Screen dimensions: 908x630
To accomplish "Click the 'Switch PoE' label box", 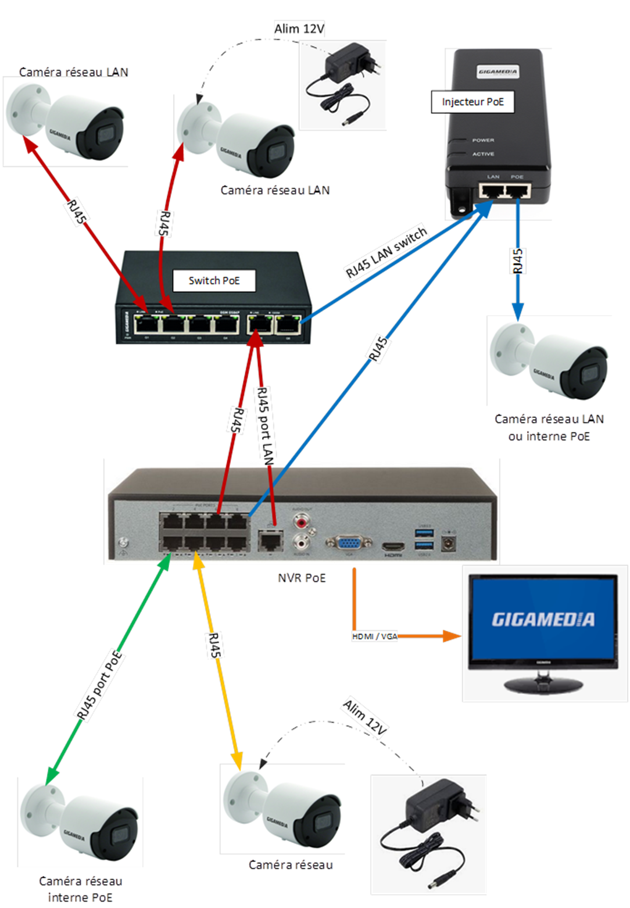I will tap(214, 281).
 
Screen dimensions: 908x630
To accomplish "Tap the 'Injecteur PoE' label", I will tap(472, 102).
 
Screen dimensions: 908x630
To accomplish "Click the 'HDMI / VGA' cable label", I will tap(375, 637).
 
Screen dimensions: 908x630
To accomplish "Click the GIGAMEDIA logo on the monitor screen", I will tap(543, 619).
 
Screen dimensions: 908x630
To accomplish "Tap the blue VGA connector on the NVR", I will tap(349, 544).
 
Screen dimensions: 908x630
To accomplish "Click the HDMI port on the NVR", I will tap(393, 547).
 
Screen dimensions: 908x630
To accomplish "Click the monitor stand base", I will tap(543, 681).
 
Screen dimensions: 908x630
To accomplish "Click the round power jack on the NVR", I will tap(448, 543).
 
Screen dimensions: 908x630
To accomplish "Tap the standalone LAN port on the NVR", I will tap(270, 542).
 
